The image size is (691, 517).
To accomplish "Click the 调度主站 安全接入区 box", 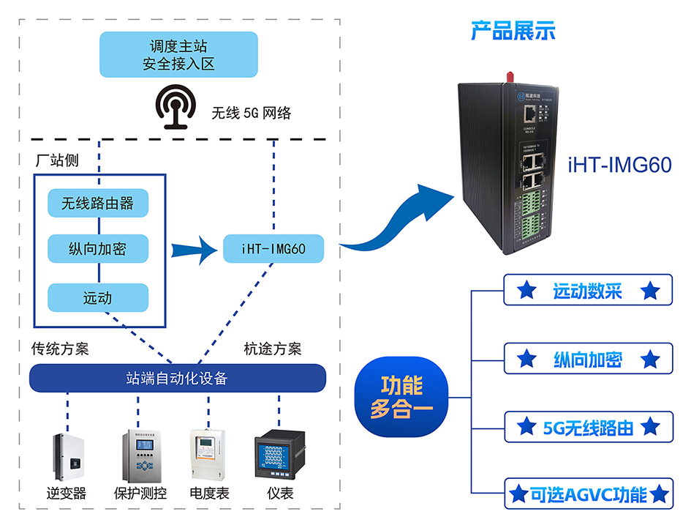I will point(179,55).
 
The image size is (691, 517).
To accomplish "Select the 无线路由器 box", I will point(98,203).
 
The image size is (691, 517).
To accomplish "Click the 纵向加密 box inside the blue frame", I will point(98,249).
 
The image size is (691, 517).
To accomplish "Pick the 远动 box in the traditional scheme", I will point(98,298).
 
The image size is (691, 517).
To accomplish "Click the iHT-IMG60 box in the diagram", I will point(273,249).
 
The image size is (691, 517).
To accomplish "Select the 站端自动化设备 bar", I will point(177,378).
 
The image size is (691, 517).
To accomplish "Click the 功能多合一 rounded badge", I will point(401,397).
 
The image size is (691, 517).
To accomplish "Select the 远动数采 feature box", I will point(587,291).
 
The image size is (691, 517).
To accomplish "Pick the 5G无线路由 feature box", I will point(587,427).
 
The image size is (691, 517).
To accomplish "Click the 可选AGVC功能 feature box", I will point(587,494).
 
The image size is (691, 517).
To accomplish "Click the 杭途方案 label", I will point(272,349).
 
